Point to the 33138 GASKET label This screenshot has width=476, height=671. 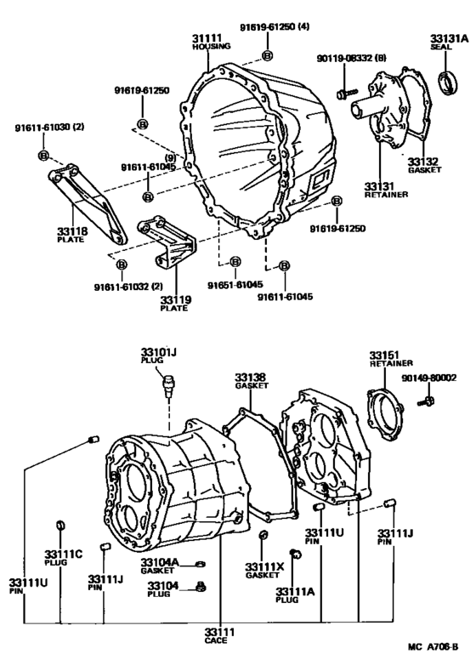[252, 380]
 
